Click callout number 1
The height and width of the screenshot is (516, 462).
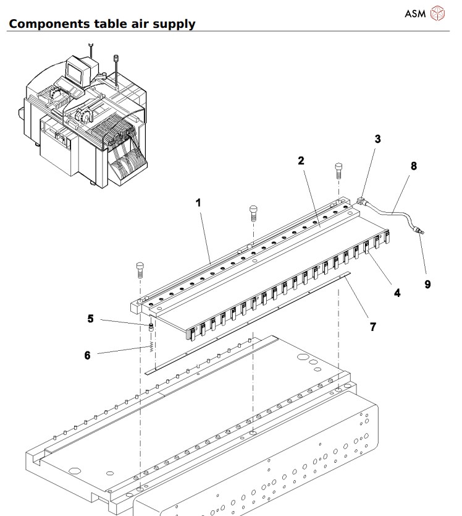[199, 202]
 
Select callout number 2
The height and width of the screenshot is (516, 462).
[301, 160]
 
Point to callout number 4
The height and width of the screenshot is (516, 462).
[397, 293]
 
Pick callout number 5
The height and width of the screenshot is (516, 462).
[90, 319]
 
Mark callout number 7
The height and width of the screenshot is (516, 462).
[373, 326]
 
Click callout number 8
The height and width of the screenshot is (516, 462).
[413, 166]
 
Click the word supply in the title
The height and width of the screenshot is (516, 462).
[174, 24]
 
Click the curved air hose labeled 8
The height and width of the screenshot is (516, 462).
[395, 213]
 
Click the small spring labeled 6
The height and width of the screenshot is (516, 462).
[151, 346]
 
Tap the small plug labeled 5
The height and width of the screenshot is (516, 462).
[151, 326]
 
